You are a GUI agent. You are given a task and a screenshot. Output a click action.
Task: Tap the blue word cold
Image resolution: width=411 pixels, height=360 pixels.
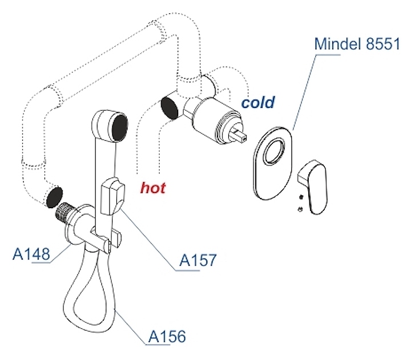click(x=258, y=103)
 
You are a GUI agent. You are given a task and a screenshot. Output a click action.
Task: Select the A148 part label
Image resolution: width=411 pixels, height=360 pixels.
click(x=32, y=253)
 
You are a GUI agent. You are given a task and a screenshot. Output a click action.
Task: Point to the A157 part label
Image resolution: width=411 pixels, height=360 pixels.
click(x=198, y=261)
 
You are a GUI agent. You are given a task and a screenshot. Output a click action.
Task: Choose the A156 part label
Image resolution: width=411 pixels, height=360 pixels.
click(x=166, y=337)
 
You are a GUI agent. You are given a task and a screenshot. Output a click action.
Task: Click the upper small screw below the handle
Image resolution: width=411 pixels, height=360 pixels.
click(x=300, y=199)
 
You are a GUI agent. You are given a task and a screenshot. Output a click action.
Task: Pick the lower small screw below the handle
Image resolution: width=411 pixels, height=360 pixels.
click(x=300, y=210)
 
